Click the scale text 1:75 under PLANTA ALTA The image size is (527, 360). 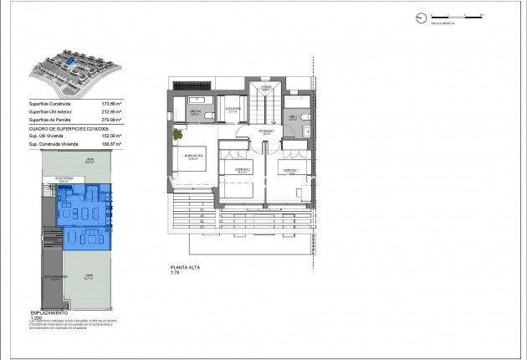[x=176, y=273]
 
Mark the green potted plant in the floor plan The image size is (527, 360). [x=178, y=133]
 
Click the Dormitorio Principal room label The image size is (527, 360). [x=194, y=156]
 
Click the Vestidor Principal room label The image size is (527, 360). [x=234, y=109]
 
